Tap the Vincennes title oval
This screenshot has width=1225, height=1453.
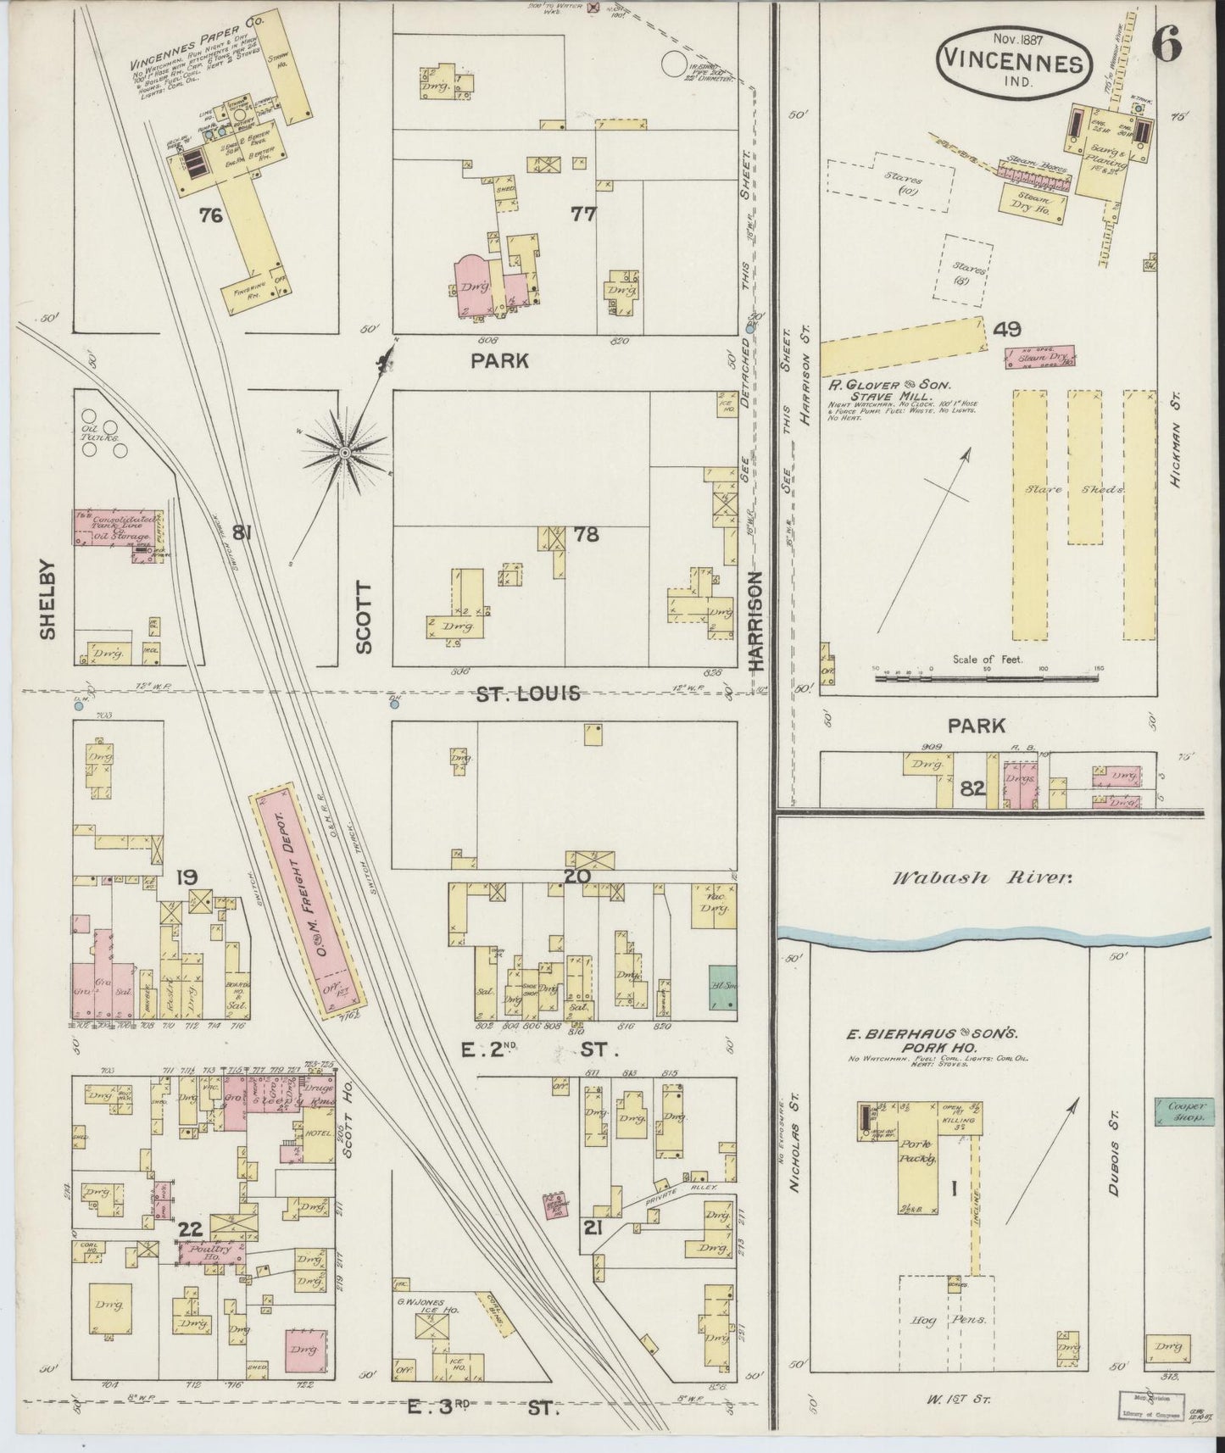tap(1011, 61)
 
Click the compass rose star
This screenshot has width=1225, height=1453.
tap(345, 455)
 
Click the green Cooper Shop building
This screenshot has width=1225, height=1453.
tap(1180, 1111)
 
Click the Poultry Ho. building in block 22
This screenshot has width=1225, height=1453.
tap(209, 1252)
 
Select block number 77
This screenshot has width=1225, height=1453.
tap(582, 214)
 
